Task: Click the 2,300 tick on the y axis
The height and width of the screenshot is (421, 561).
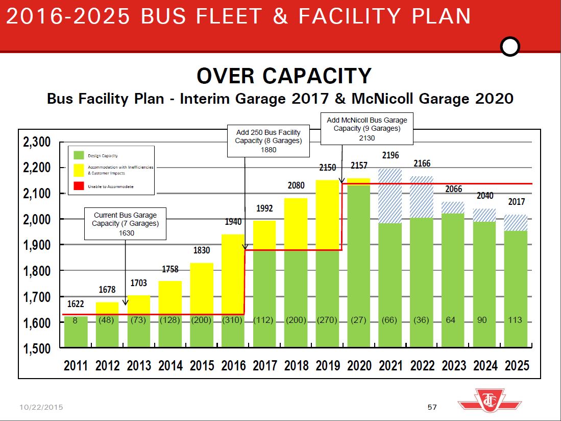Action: pyautogui.click(x=37, y=142)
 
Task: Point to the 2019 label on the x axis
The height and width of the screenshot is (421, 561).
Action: pyautogui.click(x=328, y=365)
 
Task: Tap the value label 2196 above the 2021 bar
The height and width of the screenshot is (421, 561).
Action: pyautogui.click(x=391, y=155)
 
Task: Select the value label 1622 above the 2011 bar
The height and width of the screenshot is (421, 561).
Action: pyautogui.click(x=76, y=304)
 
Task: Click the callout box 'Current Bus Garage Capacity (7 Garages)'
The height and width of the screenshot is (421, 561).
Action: pyautogui.click(x=125, y=224)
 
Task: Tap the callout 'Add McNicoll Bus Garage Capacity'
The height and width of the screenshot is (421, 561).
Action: pyautogui.click(x=367, y=128)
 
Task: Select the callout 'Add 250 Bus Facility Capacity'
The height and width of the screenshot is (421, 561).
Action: pyautogui.click(x=269, y=141)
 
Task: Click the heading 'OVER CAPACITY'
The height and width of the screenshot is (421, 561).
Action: pyautogui.click(x=284, y=76)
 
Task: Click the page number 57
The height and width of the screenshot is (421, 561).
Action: pyautogui.click(x=432, y=407)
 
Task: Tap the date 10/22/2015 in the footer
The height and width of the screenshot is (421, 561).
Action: pyautogui.click(x=41, y=407)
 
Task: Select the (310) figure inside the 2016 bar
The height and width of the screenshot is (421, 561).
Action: pyautogui.click(x=233, y=320)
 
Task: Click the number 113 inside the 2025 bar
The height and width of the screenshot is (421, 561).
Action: pyautogui.click(x=515, y=320)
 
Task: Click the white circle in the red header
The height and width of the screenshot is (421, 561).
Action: pyautogui.click(x=510, y=47)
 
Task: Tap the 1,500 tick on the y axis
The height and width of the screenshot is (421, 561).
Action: pyautogui.click(x=37, y=349)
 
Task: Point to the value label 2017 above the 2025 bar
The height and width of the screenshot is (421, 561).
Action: pyautogui.click(x=516, y=202)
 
